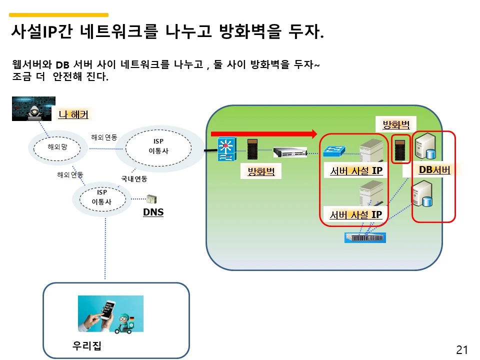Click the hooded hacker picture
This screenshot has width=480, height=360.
point(33,108)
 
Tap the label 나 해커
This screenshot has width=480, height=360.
point(73,114)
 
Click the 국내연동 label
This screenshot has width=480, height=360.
point(134,178)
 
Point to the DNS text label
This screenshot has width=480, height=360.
point(153,212)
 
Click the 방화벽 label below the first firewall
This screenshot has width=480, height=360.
point(261,172)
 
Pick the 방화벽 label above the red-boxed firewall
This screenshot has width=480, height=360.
point(396,124)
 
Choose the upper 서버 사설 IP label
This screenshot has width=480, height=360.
point(356,171)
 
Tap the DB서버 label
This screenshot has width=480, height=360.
point(434,170)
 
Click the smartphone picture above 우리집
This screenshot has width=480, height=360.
point(110,313)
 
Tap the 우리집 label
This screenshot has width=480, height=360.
point(87,345)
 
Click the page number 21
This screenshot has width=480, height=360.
point(461,349)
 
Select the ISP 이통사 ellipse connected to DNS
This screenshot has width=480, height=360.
point(102,197)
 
